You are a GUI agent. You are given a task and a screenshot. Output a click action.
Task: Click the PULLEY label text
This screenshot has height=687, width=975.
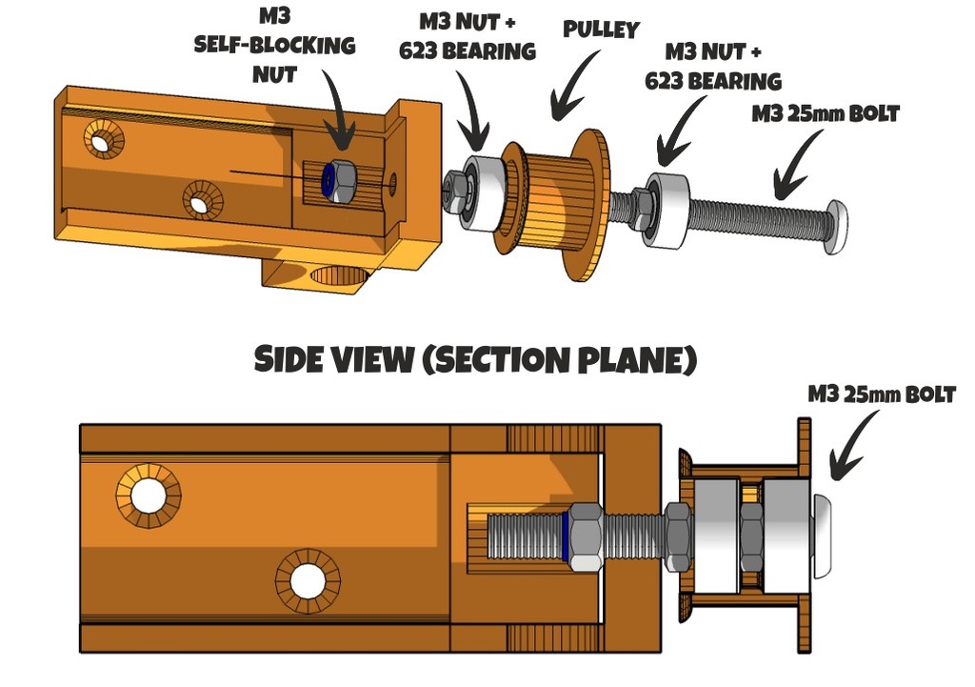601,30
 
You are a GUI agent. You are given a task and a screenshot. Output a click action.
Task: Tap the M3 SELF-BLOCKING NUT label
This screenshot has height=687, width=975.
274,46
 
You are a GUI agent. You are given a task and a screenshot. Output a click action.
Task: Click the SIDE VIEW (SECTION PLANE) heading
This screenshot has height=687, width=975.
476,359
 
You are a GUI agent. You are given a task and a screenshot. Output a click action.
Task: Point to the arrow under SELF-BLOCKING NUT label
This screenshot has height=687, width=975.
338,109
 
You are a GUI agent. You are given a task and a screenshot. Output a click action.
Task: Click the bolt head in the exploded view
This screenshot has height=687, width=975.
838,227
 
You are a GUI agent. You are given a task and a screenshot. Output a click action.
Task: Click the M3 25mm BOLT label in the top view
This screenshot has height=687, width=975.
826,114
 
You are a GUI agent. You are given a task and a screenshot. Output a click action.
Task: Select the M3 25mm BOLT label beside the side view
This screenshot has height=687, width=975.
881,394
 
